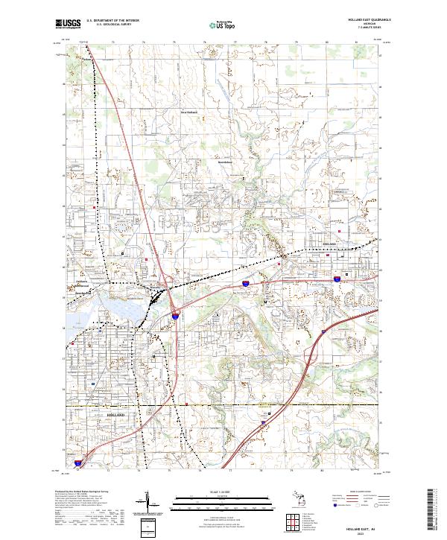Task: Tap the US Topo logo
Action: tap(223, 25)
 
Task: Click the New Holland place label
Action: tap(191, 112)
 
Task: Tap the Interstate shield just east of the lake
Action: tap(175, 316)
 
